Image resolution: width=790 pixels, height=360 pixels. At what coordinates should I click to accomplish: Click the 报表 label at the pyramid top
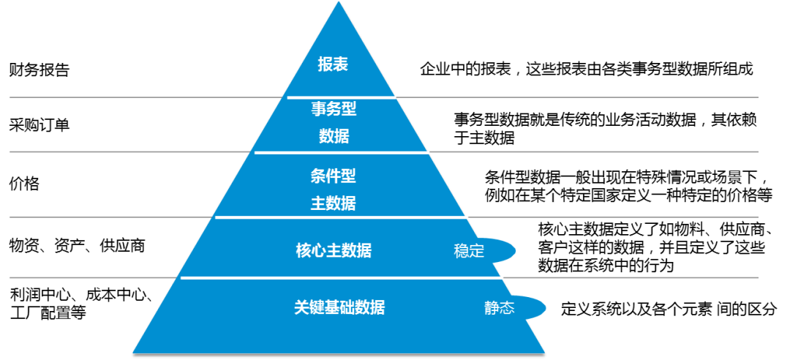pyautogui.click(x=333, y=64)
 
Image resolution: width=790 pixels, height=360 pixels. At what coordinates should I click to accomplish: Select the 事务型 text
pyautogui.click(x=334, y=109)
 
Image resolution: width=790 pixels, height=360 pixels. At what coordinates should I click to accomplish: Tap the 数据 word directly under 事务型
pyautogui.click(x=334, y=136)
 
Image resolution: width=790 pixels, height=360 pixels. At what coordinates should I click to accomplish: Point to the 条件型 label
pyautogui.click(x=334, y=176)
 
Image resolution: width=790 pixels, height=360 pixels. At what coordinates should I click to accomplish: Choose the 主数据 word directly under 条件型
pyautogui.click(x=334, y=204)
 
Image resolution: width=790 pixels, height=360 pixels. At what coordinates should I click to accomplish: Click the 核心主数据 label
pyautogui.click(x=334, y=251)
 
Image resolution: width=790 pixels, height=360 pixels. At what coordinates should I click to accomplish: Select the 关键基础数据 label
pyautogui.click(x=339, y=307)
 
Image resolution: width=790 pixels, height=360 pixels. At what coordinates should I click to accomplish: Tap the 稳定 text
pyautogui.click(x=469, y=252)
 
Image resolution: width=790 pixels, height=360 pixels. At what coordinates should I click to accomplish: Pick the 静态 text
pyautogui.click(x=499, y=308)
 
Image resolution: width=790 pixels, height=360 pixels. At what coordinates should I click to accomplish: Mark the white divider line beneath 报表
pyautogui.click(x=341, y=97)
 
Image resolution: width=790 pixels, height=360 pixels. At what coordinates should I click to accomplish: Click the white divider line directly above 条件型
pyautogui.click(x=341, y=152)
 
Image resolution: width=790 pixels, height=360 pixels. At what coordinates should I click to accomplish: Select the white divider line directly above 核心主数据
pyautogui.click(x=341, y=217)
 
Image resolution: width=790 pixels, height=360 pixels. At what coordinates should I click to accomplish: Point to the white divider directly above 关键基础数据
pyautogui.click(x=341, y=278)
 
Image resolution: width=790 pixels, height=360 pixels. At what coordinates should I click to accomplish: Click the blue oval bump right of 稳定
pyautogui.click(x=505, y=251)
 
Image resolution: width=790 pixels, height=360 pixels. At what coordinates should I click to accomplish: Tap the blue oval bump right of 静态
pyautogui.click(x=534, y=308)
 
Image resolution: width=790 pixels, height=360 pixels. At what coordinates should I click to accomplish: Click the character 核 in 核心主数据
pyautogui.click(x=304, y=251)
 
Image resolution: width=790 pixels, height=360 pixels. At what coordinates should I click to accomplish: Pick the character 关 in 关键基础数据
pyautogui.click(x=301, y=307)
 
